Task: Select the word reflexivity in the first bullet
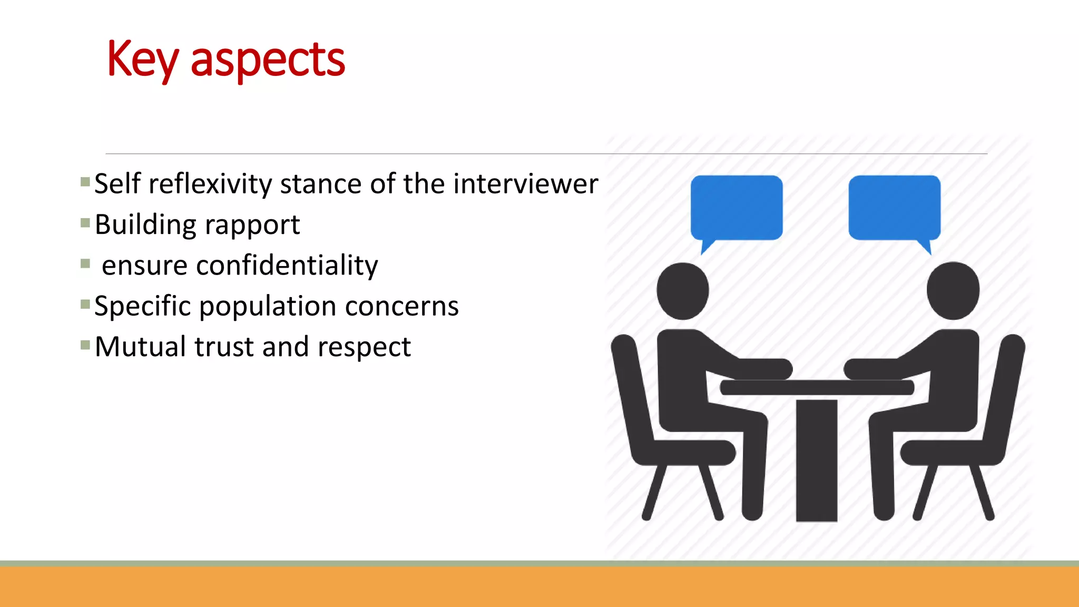tap(210, 184)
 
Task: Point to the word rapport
tap(252, 226)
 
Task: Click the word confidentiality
tap(287, 265)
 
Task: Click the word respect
tap(364, 348)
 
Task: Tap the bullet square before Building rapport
tap(85, 223)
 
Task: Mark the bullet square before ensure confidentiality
tap(85, 263)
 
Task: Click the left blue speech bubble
tap(736, 208)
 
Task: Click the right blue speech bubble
tap(894, 208)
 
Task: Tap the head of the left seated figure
tap(683, 291)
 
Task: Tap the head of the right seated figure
tap(953, 291)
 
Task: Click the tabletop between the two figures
tap(817, 387)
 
